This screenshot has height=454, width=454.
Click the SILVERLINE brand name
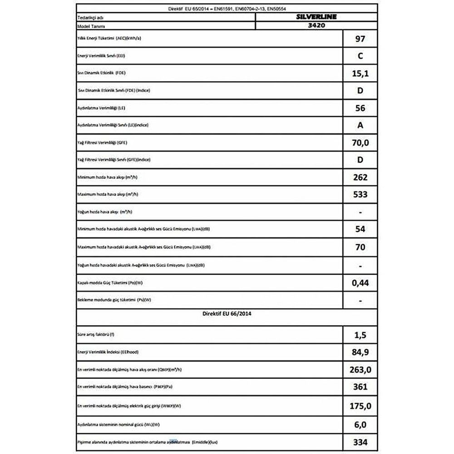pos(316,17)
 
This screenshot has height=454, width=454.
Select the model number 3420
pos(316,26)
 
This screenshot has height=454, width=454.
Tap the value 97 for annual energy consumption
pos(360,39)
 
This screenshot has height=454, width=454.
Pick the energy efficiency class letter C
pos(360,56)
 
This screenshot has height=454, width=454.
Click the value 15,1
pos(360,74)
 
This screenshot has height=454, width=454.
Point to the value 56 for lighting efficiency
pos(360,109)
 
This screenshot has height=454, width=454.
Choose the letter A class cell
pos(360,126)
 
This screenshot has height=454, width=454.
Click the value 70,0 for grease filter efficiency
pos(360,143)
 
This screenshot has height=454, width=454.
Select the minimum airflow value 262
pos(360,178)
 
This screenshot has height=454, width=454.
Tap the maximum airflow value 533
pos(360,195)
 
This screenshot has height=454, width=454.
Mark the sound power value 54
pos(360,229)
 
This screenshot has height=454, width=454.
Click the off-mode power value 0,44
pos(360,283)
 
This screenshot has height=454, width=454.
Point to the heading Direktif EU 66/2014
pos(226,314)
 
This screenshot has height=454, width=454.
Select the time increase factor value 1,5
pos(360,336)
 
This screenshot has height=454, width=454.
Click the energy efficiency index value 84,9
pos(360,353)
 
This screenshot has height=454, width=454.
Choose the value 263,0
pos(360,370)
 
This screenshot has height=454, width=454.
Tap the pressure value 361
pos(360,387)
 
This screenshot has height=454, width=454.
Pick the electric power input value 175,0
pos(360,405)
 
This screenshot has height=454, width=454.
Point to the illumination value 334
pos(360,442)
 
